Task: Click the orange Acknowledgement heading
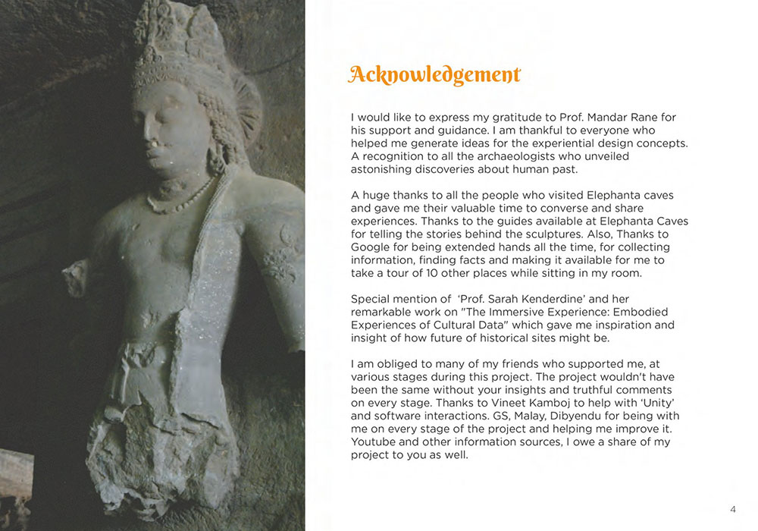[x=434, y=75]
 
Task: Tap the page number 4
[x=732, y=509]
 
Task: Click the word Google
[x=371, y=247]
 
